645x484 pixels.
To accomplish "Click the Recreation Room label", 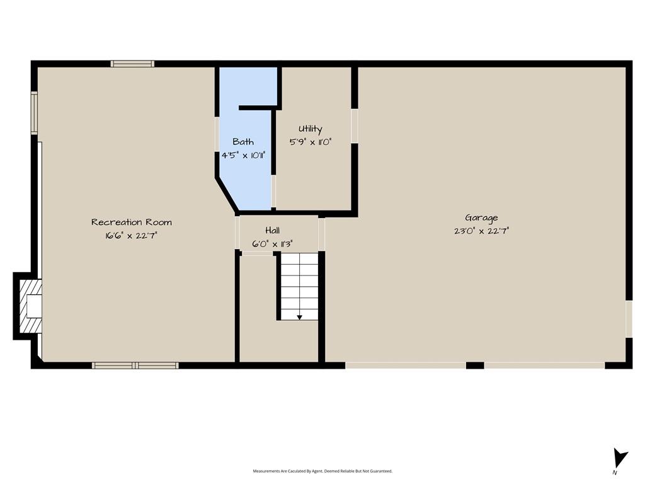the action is (x=132, y=222).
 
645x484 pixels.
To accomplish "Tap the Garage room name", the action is (x=481, y=217).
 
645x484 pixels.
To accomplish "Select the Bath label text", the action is (x=243, y=142).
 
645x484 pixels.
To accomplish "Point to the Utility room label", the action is (x=311, y=129).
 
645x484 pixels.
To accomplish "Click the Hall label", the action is (x=272, y=230).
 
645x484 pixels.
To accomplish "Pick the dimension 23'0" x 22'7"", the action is (x=481, y=231).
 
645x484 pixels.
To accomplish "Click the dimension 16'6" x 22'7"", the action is (x=131, y=236).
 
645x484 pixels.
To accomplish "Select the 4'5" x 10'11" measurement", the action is (x=244, y=155).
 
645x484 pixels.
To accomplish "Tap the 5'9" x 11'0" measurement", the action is (x=311, y=142).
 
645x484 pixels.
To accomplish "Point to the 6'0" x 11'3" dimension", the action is (x=272, y=244).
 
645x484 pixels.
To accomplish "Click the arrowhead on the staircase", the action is (x=299, y=318).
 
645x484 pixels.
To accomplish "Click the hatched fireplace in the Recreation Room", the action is (x=31, y=306).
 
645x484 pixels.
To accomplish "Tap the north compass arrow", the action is (x=620, y=458).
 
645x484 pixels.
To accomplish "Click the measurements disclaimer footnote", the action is (x=322, y=471).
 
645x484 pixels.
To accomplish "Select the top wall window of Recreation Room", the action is (x=132, y=64).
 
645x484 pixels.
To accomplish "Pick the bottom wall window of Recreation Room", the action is (x=135, y=366).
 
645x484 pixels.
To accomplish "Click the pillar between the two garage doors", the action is (x=475, y=366).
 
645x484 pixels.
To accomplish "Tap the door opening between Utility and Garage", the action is (x=355, y=126).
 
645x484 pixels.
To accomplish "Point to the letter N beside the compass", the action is (x=615, y=473).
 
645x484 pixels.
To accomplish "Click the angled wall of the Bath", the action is (x=227, y=195).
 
